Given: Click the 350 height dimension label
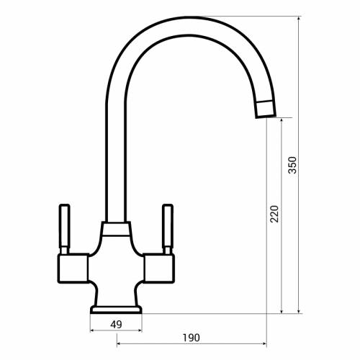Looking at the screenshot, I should pyautogui.click(x=292, y=165).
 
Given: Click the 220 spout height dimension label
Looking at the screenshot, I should pyautogui.click(x=274, y=214).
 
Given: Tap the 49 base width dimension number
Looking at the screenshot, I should pyautogui.click(x=116, y=325).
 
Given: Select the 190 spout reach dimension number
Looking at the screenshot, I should pyautogui.click(x=191, y=338).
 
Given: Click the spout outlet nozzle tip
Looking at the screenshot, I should pyautogui.click(x=264, y=109).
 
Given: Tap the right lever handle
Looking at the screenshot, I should pyautogui.click(x=168, y=226).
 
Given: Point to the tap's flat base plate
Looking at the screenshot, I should pyautogui.click(x=116, y=310).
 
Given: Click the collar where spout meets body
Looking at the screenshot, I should pyautogui.click(x=116, y=230).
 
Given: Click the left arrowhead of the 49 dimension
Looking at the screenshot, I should pyautogui.click(x=92, y=331).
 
